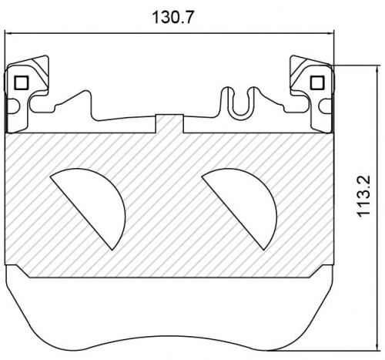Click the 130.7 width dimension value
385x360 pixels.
tap(172, 18)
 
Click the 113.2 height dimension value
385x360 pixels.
tap(363, 196)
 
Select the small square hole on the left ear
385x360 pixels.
tap(21, 82)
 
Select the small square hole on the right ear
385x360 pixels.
tap(317, 82)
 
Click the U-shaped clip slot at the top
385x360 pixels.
tap(239, 103)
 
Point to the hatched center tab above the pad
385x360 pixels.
tap(169, 123)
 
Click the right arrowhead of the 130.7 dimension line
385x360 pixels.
tap(330, 33)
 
